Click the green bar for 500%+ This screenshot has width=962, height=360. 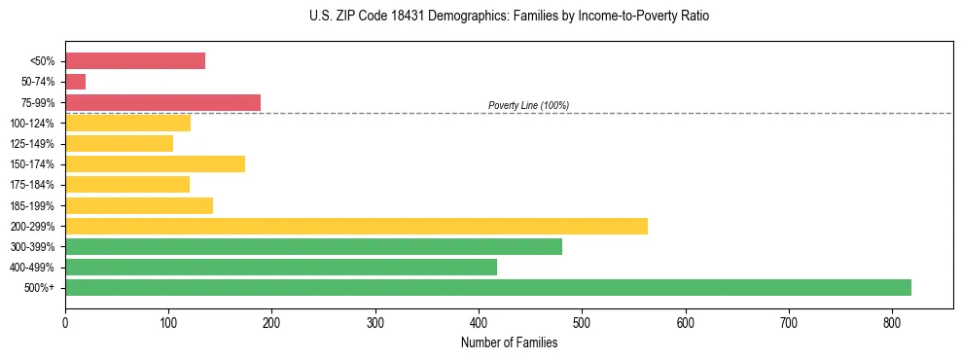point(488,288)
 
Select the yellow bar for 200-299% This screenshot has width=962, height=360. point(356,227)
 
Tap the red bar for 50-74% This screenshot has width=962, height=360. point(76,82)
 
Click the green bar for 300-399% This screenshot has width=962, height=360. point(313,247)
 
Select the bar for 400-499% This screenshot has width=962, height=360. point(281,268)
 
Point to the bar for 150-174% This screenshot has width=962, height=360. point(155,164)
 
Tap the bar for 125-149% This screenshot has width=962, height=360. point(119,144)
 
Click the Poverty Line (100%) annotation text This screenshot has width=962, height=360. point(528,105)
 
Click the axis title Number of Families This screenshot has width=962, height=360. point(509,342)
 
